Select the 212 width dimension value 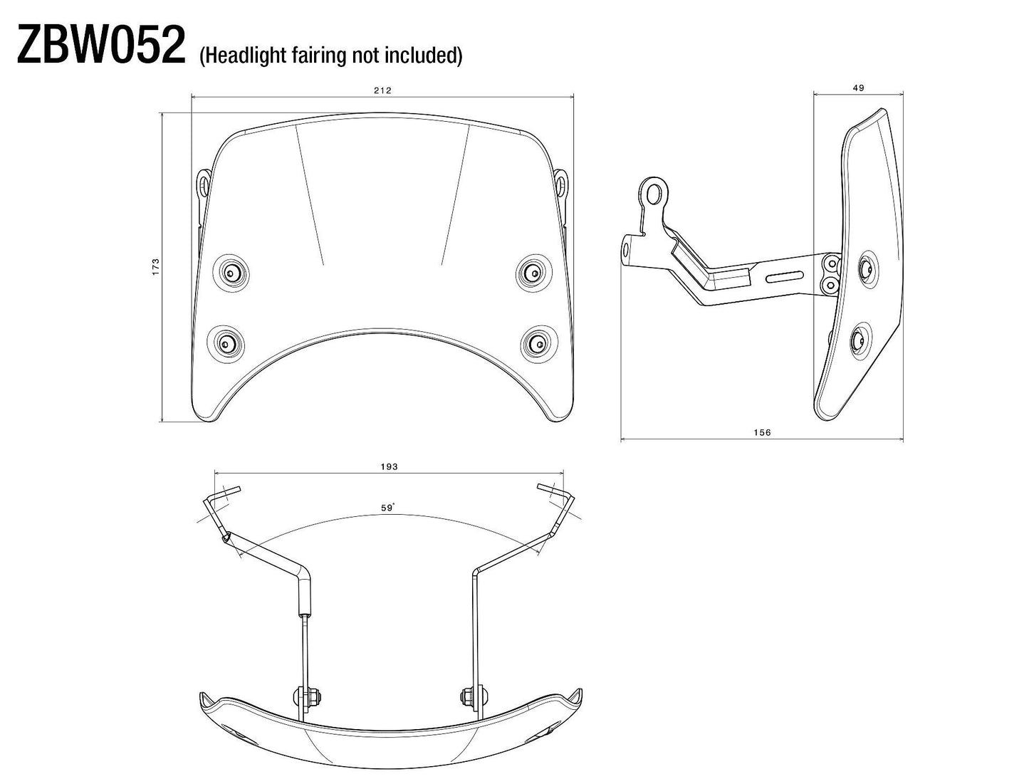pos(382,90)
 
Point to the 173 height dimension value pos(156,266)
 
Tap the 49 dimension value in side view pos(858,88)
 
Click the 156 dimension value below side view pos(762,432)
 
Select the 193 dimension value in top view pos(389,466)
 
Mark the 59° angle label pos(387,508)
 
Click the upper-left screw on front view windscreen pos(231,272)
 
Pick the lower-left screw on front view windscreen pos(226,343)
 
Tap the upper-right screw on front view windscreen pos(533,272)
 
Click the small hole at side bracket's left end pos(627,249)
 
